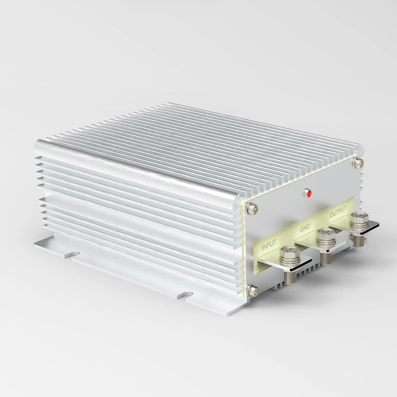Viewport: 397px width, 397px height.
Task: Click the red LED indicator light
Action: pyautogui.click(x=308, y=193)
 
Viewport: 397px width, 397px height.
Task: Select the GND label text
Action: pyautogui.click(x=304, y=229)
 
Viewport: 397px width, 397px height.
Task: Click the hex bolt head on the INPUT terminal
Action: pyautogui.click(x=287, y=256)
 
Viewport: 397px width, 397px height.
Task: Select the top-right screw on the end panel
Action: pyautogui.click(x=356, y=162)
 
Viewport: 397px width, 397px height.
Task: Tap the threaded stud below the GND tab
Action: pyautogui.click(x=326, y=258)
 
